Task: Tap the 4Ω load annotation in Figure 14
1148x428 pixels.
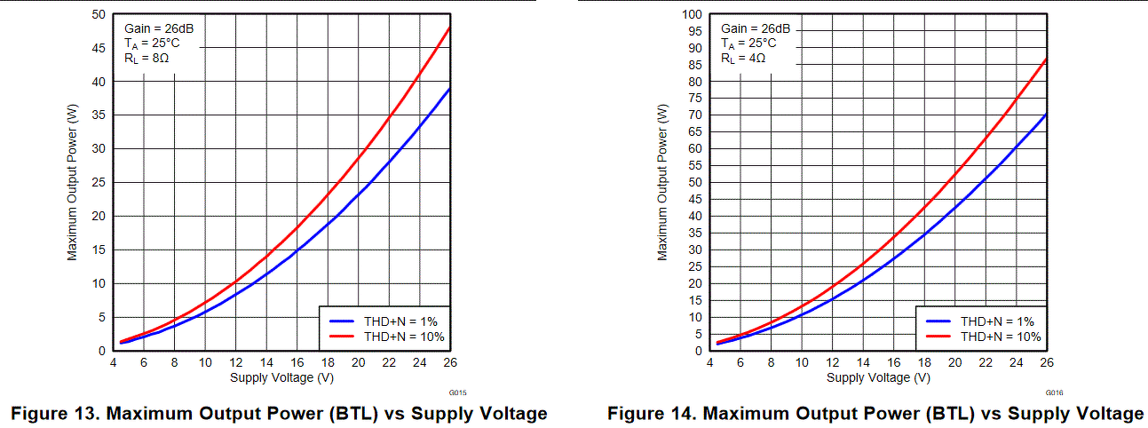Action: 742,59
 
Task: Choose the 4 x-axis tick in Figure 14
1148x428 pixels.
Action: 709,362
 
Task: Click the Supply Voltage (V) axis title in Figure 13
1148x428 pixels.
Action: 281,376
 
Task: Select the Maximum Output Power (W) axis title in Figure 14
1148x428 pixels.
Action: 662,183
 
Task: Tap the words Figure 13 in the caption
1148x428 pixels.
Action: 50,414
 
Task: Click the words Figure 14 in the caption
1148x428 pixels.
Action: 647,414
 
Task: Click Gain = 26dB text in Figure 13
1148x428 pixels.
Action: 159,28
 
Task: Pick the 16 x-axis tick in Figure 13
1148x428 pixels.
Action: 297,362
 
